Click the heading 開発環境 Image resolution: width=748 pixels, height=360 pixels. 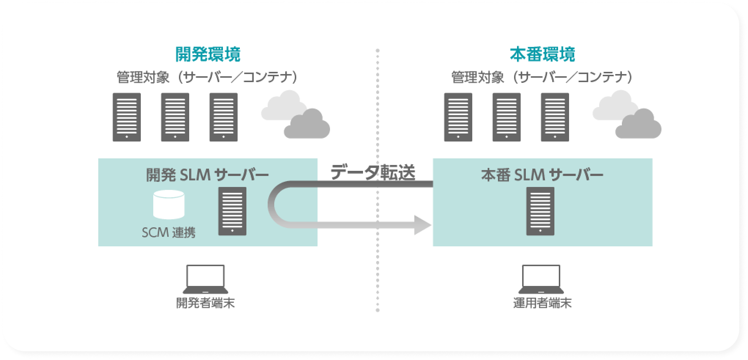point(208,54)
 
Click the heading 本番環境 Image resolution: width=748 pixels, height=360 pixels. point(542,54)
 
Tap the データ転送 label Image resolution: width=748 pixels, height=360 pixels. point(373,173)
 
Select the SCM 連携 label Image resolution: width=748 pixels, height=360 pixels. point(169,232)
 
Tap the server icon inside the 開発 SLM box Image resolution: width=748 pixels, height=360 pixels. point(232,211)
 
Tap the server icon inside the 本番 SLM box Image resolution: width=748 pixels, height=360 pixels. point(540,211)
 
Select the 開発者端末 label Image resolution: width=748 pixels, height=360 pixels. point(205,303)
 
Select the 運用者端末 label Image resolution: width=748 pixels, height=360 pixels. point(542,303)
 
